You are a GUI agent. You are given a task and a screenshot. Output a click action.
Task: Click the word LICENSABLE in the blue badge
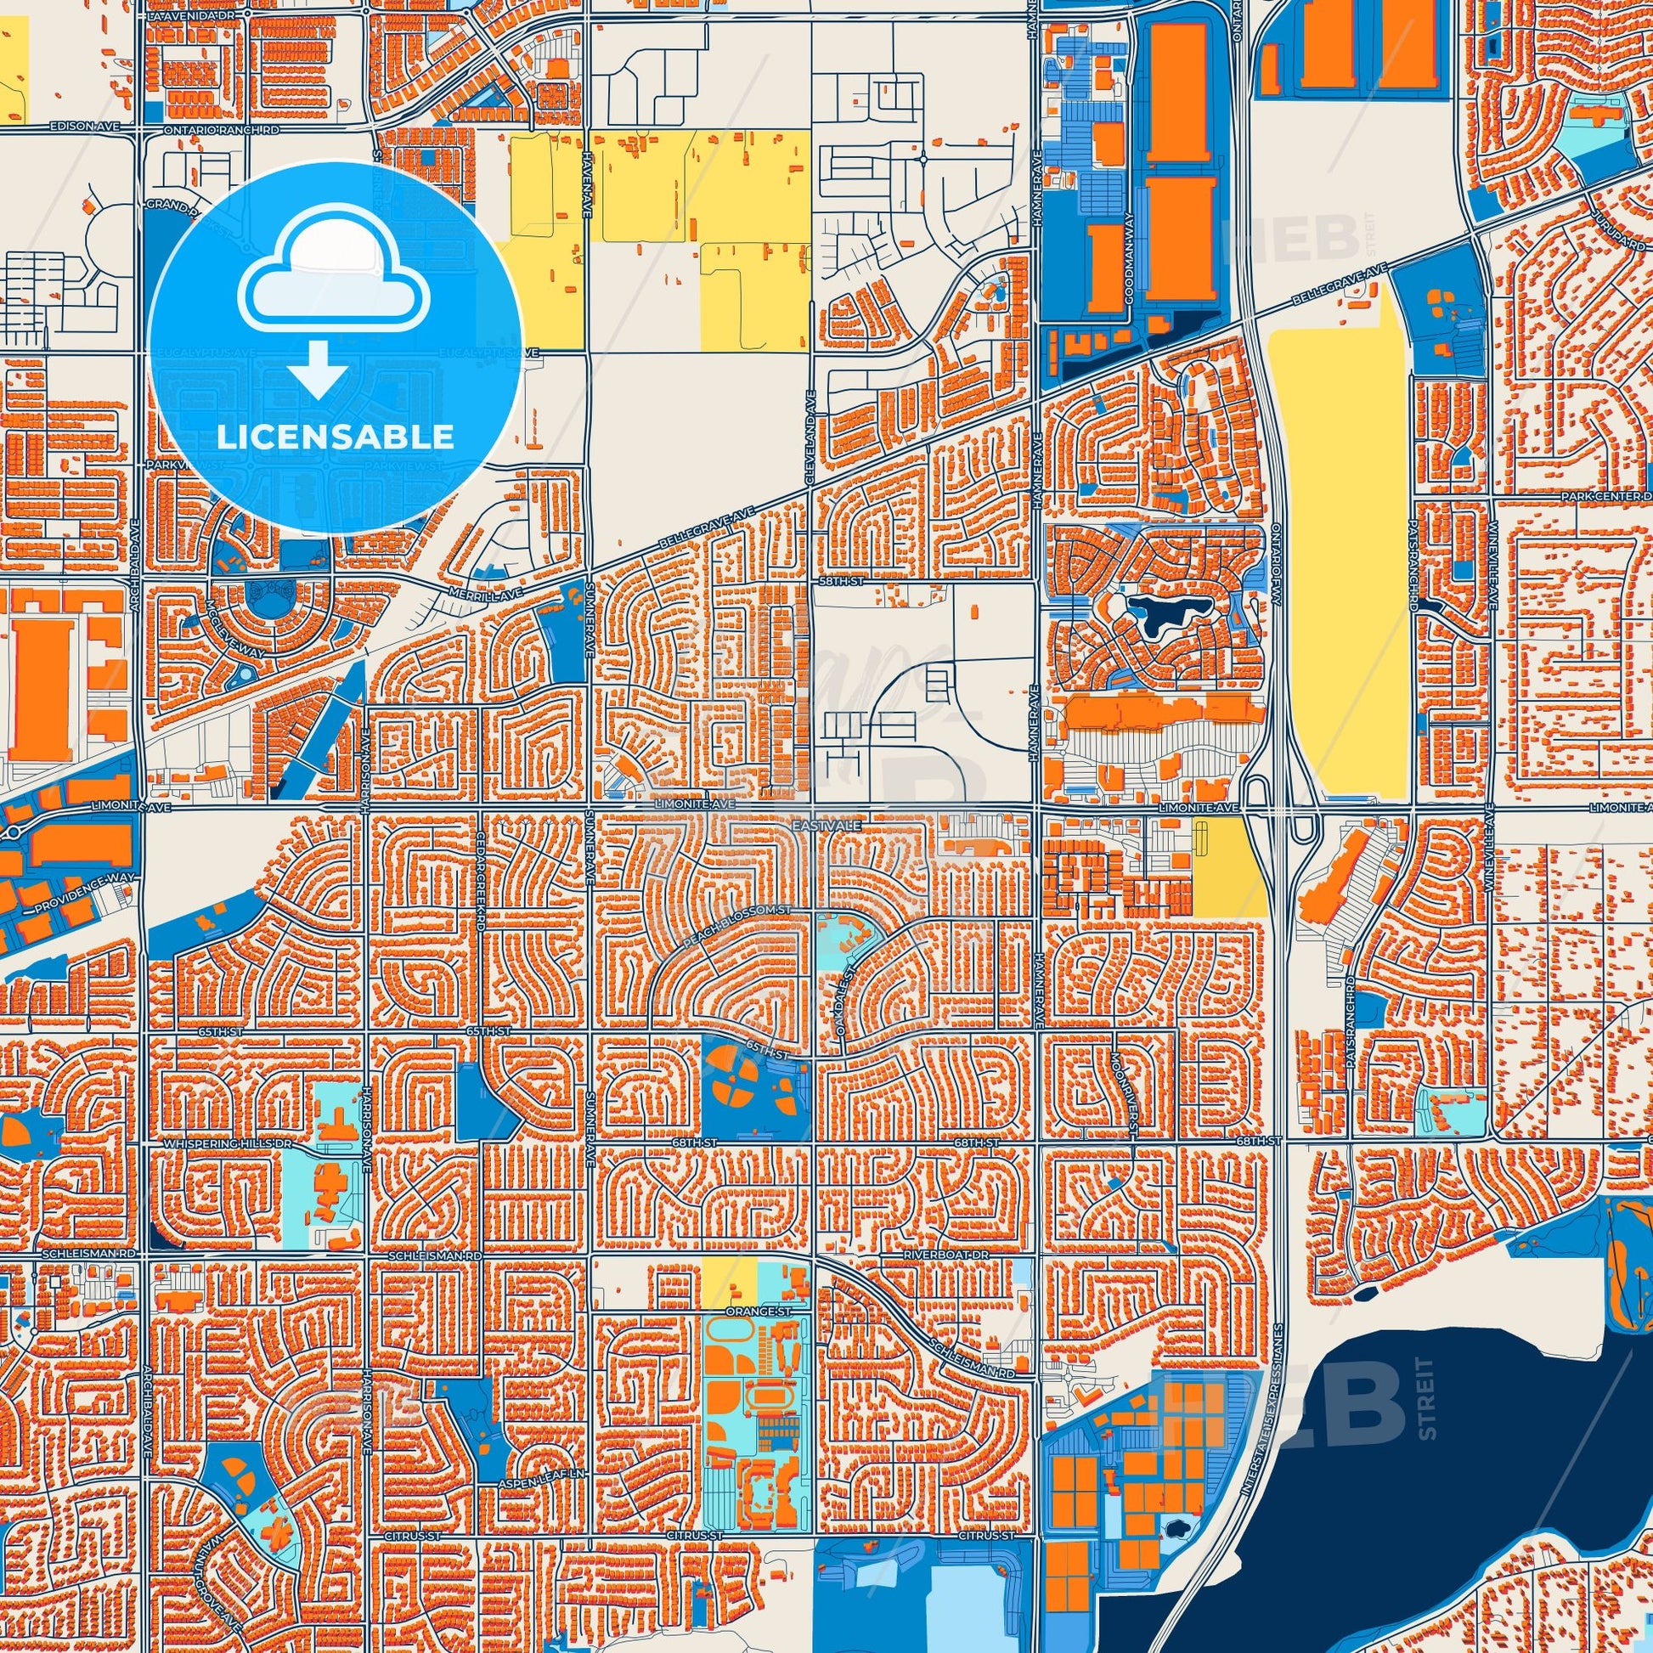(335, 437)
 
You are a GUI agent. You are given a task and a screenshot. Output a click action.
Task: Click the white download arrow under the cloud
(318, 368)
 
